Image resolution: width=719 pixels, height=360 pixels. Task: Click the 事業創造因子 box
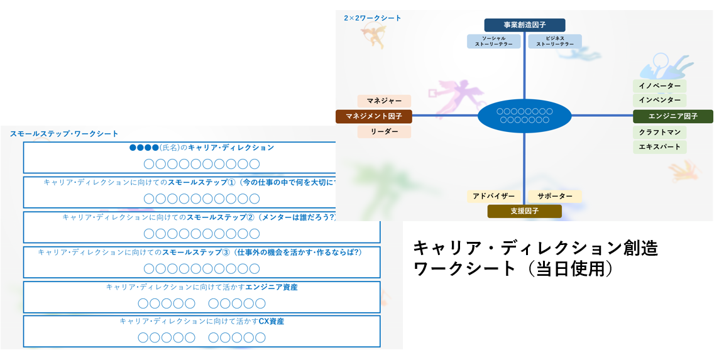(525, 25)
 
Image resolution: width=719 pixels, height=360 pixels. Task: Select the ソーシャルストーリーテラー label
(493, 41)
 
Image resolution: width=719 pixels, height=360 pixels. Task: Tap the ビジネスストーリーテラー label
(555, 41)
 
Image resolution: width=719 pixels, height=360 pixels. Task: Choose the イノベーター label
(659, 85)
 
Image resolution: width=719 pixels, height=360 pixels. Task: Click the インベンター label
(659, 100)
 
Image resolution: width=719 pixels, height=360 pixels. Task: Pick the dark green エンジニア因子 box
(672, 116)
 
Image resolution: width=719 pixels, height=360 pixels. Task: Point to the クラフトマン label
(659, 133)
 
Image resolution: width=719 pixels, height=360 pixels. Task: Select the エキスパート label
(659, 147)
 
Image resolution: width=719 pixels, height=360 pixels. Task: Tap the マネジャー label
(384, 101)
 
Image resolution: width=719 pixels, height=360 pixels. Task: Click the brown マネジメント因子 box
(373, 116)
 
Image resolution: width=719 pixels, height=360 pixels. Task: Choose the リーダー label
(384, 131)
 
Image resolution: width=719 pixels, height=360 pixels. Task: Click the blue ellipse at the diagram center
(524, 116)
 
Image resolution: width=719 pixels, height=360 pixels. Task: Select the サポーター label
(555, 196)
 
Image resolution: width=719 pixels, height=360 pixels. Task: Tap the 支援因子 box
(525, 211)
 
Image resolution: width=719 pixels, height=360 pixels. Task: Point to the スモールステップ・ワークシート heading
(64, 133)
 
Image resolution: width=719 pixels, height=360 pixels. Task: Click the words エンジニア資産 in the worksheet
(272, 287)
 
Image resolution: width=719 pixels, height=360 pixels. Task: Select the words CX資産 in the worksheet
(272, 321)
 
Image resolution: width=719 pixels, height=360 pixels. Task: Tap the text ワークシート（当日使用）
(512, 268)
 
